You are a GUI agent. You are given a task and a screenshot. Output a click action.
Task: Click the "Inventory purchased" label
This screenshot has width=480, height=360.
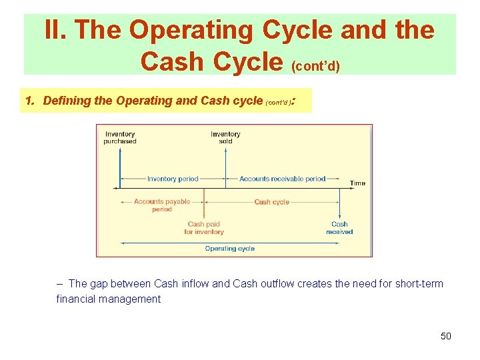pos(120,137)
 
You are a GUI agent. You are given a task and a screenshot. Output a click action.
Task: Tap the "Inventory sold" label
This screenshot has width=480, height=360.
pos(225,137)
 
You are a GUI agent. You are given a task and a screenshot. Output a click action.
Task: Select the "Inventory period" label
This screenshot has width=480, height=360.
pos(173,179)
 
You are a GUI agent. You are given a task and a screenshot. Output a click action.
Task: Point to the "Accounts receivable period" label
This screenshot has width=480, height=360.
pos(283,179)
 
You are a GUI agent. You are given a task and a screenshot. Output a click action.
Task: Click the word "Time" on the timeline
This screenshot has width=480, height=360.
pos(357,183)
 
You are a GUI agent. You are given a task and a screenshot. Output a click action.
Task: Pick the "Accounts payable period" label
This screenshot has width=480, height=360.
pos(162,205)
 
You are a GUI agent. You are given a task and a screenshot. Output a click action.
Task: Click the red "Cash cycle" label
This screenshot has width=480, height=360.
pos(272,202)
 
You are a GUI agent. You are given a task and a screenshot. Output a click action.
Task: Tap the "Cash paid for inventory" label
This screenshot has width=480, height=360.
pos(204,228)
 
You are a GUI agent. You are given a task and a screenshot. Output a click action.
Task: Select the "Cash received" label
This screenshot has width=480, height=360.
pos(339,228)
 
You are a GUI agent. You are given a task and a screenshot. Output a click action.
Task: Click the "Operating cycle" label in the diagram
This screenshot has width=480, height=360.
pos(230,249)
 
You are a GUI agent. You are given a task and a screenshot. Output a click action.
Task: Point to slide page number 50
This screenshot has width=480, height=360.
pos(446,336)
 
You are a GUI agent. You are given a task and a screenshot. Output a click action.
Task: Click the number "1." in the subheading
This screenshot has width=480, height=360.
pos(30,101)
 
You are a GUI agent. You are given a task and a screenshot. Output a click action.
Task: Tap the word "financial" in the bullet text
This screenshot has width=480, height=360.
pos(78,299)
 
